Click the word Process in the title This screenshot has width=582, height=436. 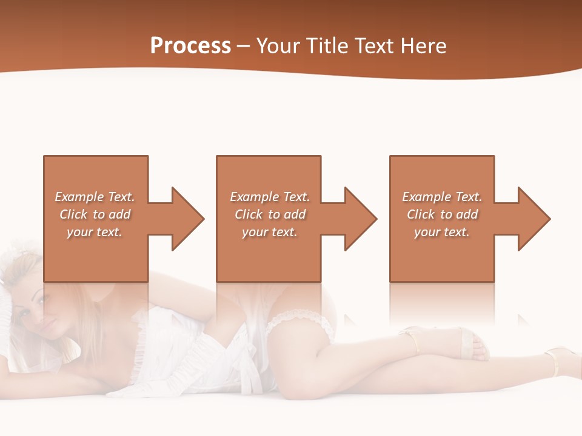pos(190,46)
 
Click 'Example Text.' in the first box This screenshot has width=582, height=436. pos(95,197)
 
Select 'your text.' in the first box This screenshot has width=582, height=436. pos(95,232)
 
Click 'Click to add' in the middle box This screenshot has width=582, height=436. pos(270,214)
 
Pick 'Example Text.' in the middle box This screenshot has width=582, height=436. pos(270,197)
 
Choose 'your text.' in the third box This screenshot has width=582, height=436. pos(441,232)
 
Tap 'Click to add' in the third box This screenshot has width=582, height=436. pos(443,214)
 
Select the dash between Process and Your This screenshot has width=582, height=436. pos(244,46)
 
